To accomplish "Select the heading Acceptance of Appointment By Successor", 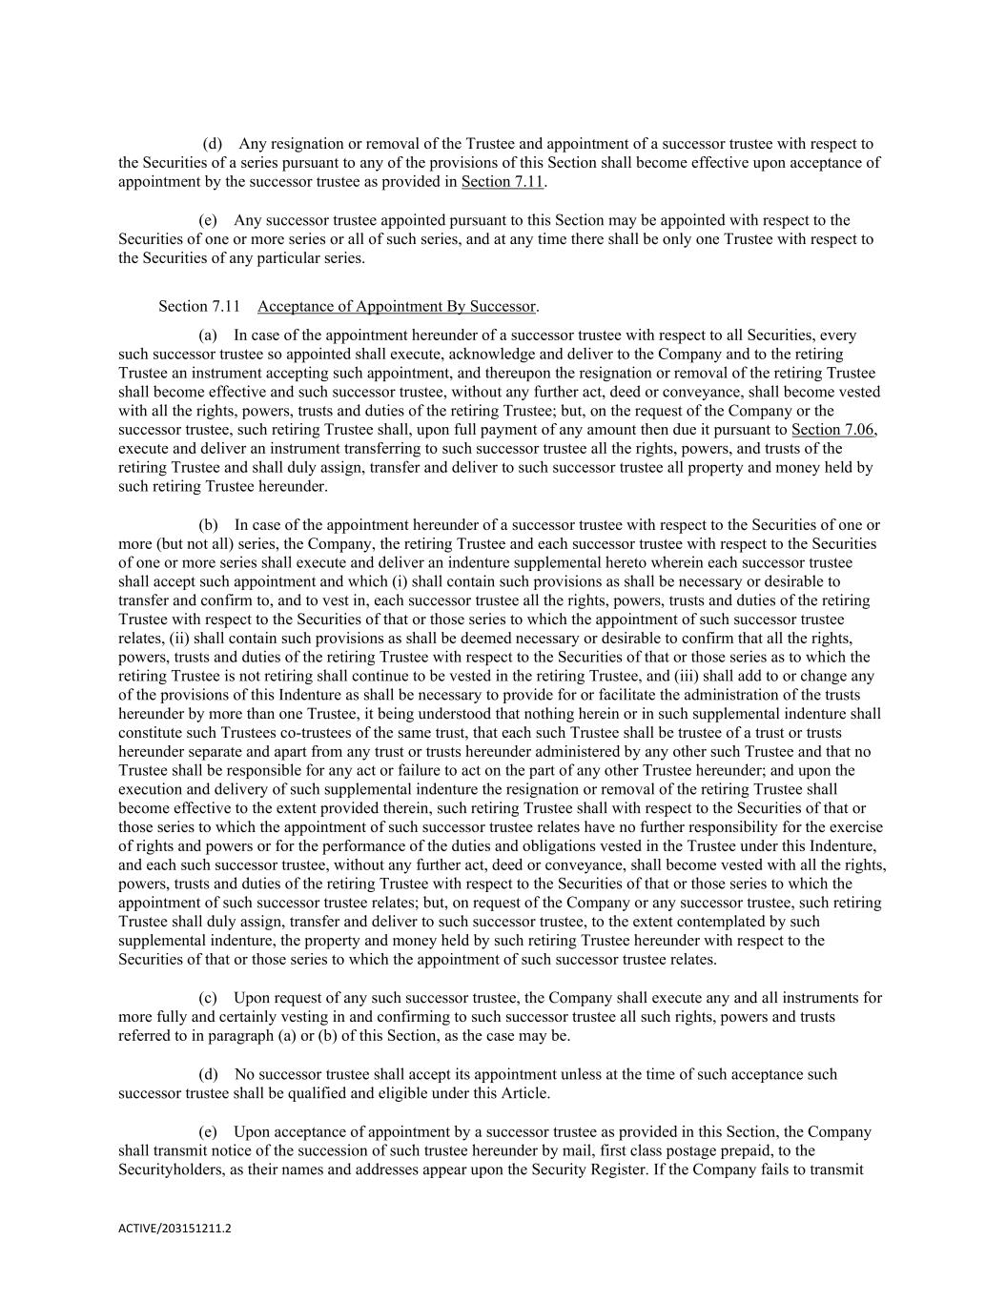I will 397,306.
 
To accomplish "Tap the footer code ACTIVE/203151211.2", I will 175,1229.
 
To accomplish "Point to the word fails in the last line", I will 784,1169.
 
